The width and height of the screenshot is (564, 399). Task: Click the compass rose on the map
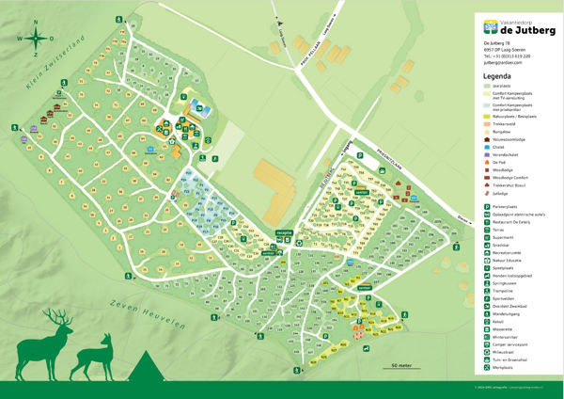click(x=34, y=39)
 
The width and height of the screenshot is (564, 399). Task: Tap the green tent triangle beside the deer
click(x=145, y=361)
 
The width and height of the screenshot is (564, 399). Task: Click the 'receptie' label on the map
click(x=285, y=231)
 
